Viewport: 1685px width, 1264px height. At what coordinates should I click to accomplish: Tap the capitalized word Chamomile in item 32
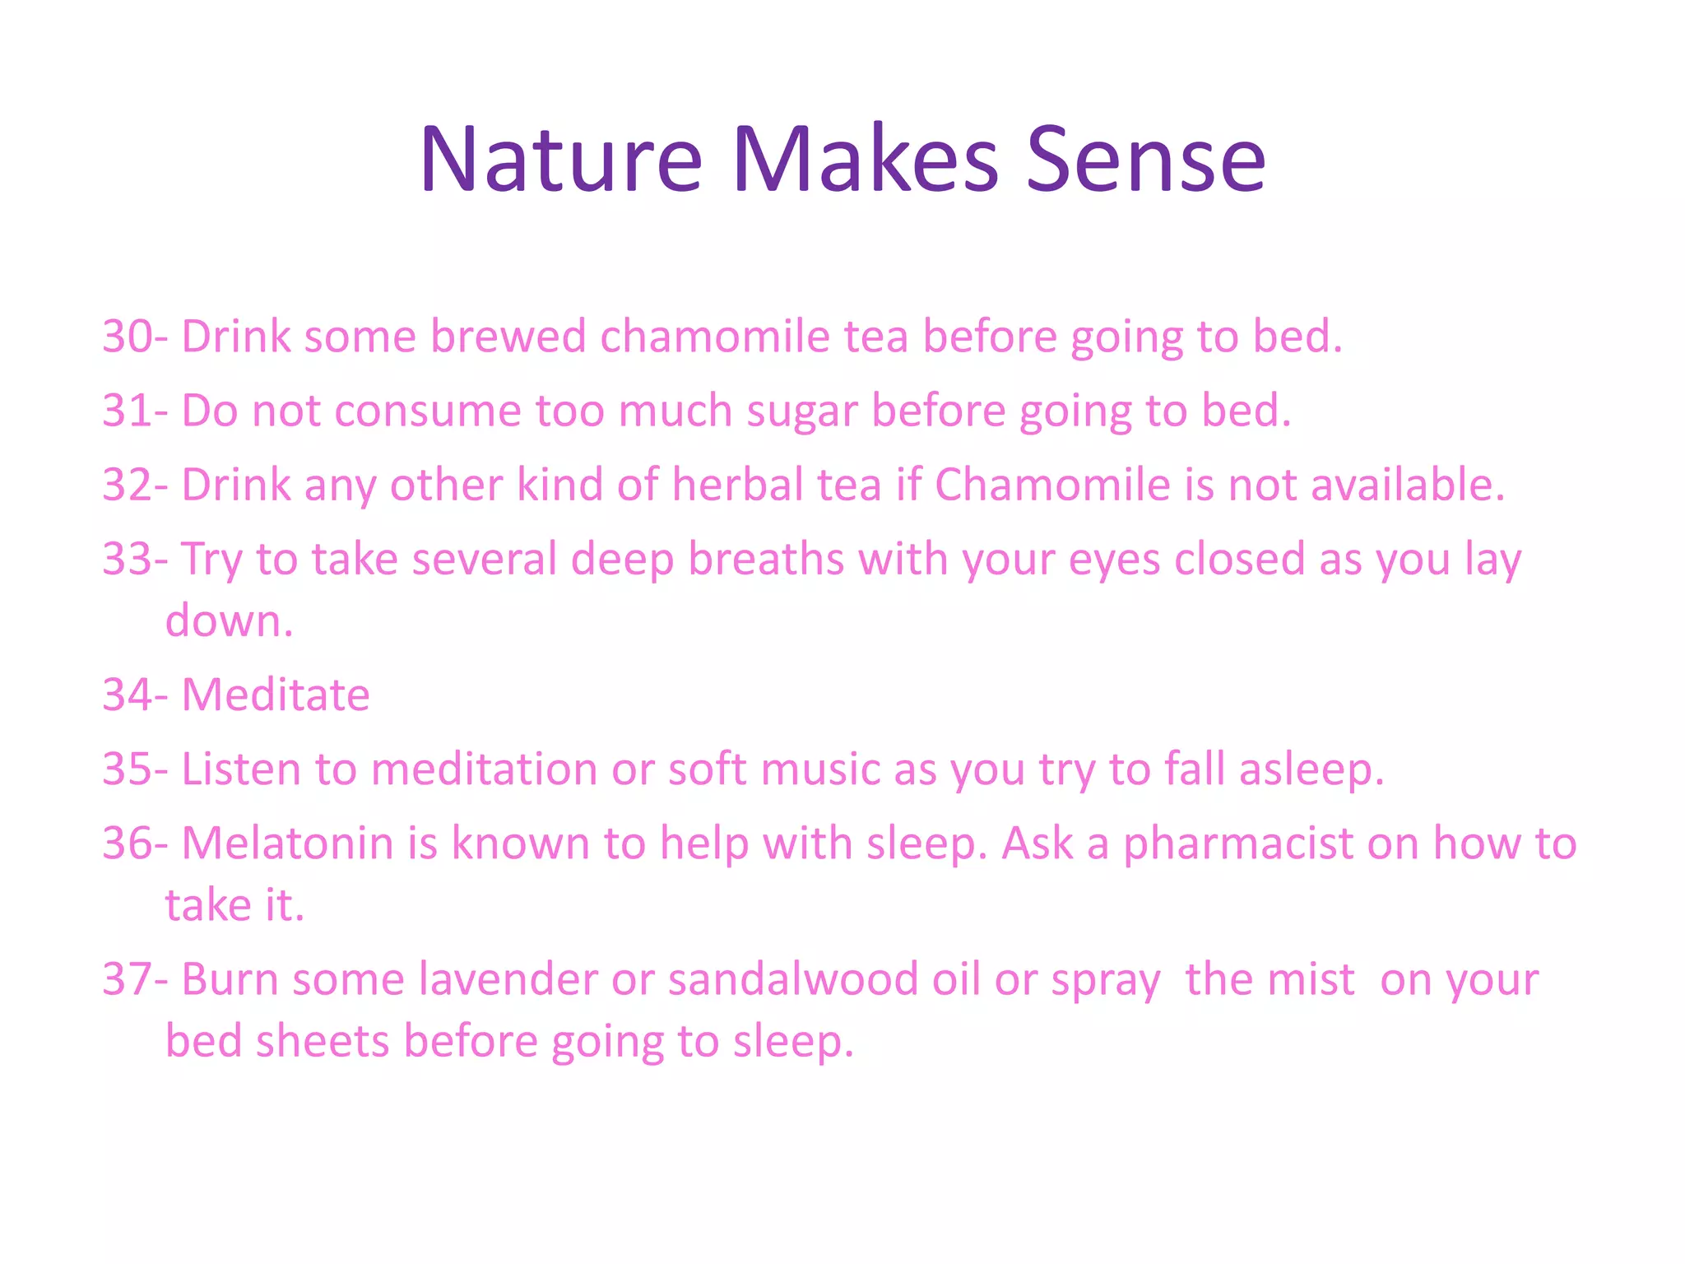coord(1052,485)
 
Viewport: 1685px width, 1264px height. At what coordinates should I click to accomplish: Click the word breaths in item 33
coord(766,559)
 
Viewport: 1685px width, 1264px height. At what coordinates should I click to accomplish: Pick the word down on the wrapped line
coord(222,621)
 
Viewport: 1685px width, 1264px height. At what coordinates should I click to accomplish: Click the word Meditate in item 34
coord(276,695)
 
